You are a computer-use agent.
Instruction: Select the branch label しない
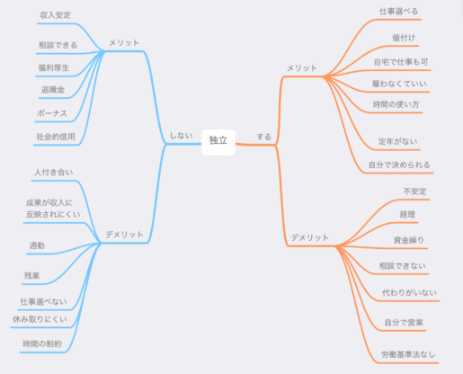181,136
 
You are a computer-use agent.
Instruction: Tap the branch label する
264,137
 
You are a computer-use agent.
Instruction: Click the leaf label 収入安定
56,15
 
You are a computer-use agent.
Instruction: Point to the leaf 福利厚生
54,67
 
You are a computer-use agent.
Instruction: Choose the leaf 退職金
53,90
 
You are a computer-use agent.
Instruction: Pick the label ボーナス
52,113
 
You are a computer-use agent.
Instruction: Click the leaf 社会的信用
56,137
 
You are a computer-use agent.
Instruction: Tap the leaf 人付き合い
54,173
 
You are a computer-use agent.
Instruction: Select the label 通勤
37,245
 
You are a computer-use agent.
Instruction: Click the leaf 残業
32,276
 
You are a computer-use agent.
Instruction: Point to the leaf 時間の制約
42,343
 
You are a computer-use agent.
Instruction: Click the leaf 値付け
404,38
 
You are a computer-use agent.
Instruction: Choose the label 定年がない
398,141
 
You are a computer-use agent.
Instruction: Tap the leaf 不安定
414,191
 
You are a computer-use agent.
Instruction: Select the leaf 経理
407,215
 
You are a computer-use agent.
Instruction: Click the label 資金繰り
409,240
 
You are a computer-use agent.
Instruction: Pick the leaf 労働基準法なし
408,354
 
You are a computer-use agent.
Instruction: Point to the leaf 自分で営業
404,323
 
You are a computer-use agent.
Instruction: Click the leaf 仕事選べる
399,12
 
